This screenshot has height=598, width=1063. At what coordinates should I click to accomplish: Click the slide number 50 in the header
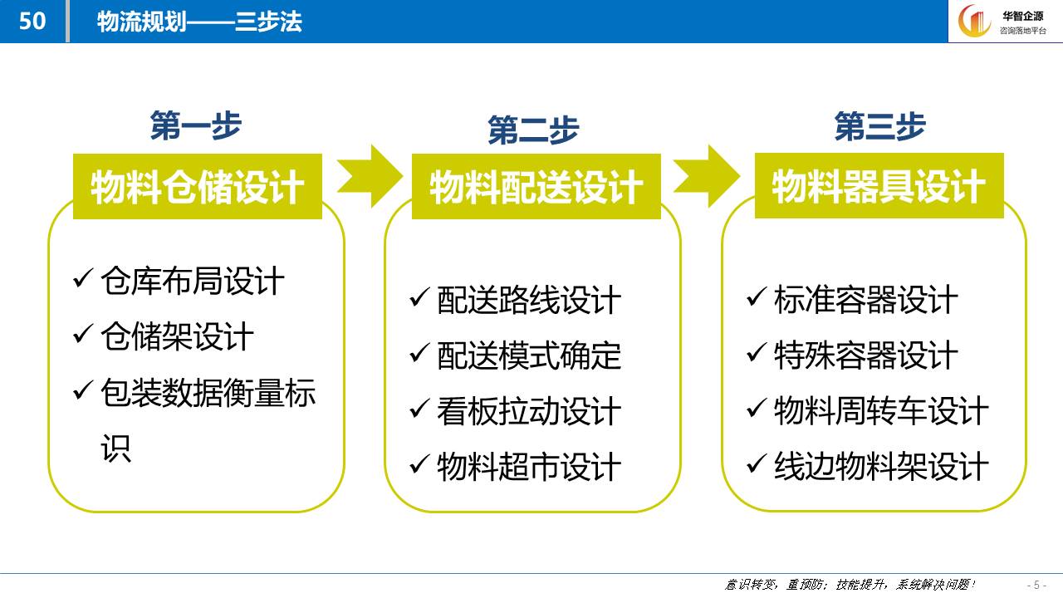click(x=32, y=21)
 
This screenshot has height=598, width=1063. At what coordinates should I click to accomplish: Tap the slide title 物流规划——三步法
click(x=199, y=22)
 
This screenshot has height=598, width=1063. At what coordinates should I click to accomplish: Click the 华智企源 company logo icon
click(x=974, y=21)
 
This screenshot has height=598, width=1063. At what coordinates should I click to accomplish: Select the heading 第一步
click(x=196, y=125)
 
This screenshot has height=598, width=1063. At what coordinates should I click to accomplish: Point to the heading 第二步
click(x=533, y=130)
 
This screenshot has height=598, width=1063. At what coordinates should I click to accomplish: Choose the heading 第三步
click(x=879, y=126)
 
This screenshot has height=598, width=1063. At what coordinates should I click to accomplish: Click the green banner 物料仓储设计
click(x=198, y=186)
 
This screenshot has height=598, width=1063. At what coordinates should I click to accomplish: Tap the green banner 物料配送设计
click(x=536, y=186)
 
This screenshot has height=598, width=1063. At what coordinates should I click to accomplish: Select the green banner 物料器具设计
click(x=879, y=185)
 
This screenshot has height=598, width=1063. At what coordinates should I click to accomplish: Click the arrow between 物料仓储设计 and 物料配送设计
click(x=370, y=176)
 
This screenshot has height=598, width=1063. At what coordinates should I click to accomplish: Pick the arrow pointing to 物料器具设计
click(x=707, y=176)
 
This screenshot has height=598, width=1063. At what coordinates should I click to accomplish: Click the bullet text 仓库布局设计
click(x=193, y=281)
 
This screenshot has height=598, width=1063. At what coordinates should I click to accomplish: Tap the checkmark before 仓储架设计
click(x=82, y=333)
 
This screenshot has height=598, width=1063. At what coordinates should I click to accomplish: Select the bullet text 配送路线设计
click(x=529, y=300)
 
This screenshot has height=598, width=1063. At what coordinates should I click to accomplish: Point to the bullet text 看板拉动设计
click(x=529, y=411)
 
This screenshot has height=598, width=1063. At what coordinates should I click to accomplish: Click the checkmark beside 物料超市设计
click(x=419, y=463)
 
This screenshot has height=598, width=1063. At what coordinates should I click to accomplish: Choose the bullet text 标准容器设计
click(x=866, y=300)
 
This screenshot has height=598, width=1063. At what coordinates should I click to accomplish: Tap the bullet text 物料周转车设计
click(x=882, y=410)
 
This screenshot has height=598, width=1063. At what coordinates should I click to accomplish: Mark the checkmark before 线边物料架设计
click(x=757, y=463)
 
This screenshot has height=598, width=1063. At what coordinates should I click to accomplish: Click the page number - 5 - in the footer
click(x=1036, y=585)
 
